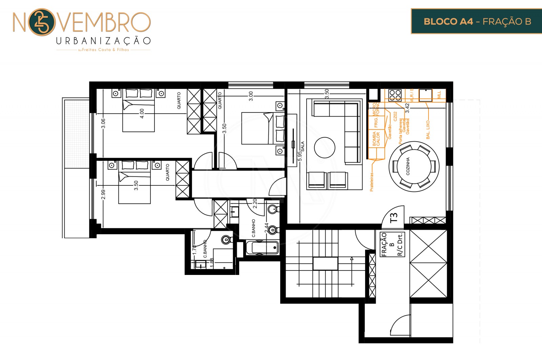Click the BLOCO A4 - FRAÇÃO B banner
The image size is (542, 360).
[x=477, y=21]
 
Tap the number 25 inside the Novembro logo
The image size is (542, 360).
[x=42, y=23]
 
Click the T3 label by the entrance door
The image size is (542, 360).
[x=394, y=217]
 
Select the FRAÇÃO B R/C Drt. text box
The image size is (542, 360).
[x=392, y=244]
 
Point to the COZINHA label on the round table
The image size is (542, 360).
[x=408, y=166]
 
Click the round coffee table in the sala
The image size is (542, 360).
[x=325, y=147]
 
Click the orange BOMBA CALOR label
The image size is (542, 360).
[x=376, y=139]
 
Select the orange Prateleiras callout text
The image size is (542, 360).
[x=372, y=182]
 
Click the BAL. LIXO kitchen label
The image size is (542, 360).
[x=428, y=129]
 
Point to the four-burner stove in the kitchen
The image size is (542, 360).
[x=395, y=95]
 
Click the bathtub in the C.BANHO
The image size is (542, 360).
[x=262, y=248]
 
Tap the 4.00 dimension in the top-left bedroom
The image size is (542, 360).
[x=142, y=113]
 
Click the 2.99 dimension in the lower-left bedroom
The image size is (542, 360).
[x=103, y=194]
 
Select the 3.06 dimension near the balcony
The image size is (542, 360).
[x=103, y=123]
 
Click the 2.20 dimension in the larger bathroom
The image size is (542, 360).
[x=255, y=203]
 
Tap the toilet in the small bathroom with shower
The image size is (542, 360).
[x=226, y=240]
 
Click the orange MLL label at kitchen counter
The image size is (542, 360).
[x=439, y=95]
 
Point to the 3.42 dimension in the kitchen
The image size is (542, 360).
[x=408, y=108]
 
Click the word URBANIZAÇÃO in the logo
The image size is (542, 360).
[x=103, y=41]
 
